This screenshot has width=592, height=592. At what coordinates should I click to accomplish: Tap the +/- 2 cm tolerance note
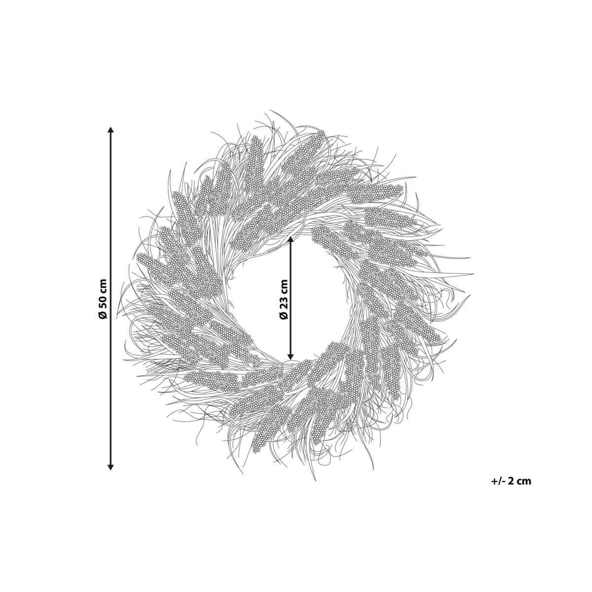(511, 489)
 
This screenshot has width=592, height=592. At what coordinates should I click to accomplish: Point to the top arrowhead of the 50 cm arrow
(111, 129)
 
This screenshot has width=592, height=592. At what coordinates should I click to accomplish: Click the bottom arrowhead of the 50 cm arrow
(111, 475)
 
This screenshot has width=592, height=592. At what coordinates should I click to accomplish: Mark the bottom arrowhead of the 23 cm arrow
(291, 356)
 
